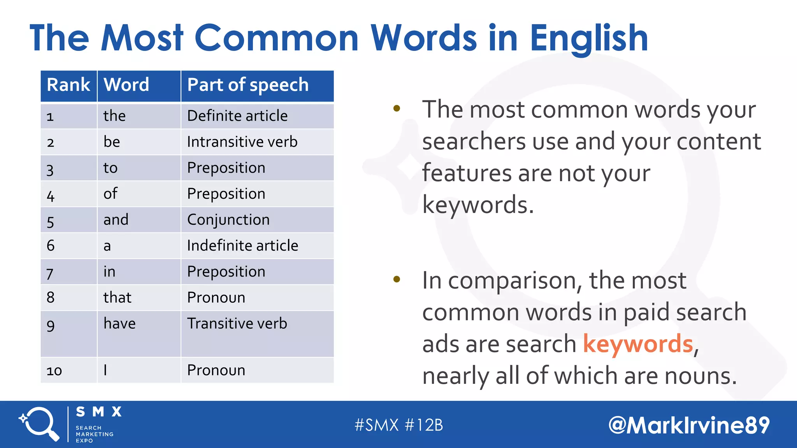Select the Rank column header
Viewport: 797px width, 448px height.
coord(68,85)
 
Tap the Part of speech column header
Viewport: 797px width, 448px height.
coord(248,85)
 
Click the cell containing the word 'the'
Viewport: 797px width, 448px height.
coord(114,116)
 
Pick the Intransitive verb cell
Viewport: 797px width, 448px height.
coord(242,142)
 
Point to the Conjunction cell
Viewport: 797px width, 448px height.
coord(228,220)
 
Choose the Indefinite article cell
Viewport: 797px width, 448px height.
coord(242,246)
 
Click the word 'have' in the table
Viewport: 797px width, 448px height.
coord(119,324)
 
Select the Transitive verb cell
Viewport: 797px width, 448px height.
coord(237,324)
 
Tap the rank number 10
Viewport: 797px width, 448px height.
coord(54,371)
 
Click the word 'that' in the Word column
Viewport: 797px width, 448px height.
coord(117,297)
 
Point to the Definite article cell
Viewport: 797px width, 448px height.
coord(237,116)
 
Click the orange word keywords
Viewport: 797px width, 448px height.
coord(638,344)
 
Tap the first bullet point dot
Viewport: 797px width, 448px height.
coord(397,108)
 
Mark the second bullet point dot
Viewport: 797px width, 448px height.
coord(397,279)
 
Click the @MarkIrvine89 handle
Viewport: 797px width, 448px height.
coord(689,425)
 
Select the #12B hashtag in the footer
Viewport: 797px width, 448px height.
coord(424,425)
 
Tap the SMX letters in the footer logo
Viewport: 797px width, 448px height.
coord(99,412)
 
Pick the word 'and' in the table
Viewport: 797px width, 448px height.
coord(116,220)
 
